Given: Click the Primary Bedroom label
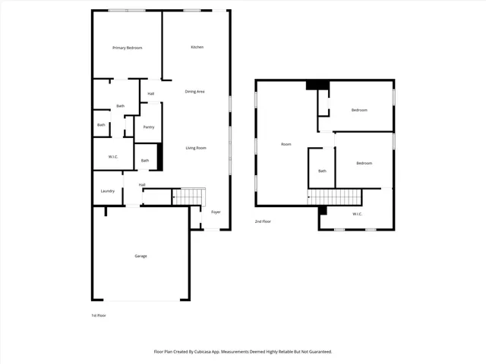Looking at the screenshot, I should (x=127, y=48).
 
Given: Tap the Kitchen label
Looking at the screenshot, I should (x=197, y=47).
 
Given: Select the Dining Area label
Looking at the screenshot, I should (x=195, y=92).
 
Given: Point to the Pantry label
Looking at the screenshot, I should (x=149, y=127).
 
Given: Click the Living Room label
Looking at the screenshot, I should (x=196, y=148).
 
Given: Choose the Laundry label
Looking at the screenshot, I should (x=108, y=191).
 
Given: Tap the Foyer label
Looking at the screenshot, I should (x=216, y=212).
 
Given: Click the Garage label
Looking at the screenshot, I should (x=140, y=256).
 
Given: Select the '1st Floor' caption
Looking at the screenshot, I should (x=98, y=315).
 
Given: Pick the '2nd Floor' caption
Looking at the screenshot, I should (x=263, y=221).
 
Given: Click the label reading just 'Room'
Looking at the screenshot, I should (x=286, y=144).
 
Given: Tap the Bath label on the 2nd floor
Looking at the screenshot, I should (x=322, y=171).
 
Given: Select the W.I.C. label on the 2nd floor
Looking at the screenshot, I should (x=358, y=214).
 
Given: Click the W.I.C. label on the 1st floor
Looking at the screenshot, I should (x=112, y=157).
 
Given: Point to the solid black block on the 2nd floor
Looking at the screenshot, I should (x=316, y=85).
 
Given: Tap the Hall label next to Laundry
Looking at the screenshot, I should (x=142, y=184).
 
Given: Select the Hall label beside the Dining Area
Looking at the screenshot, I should (x=151, y=93).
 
